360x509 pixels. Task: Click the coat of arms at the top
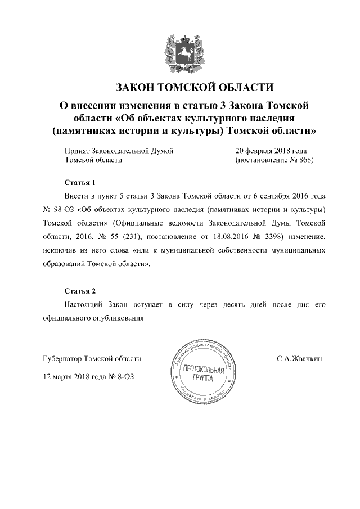(x=179, y=50)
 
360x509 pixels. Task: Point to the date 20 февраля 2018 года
(x=271, y=151)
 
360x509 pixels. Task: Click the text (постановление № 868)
(x=273, y=160)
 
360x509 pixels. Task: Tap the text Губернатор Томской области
(x=92, y=358)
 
